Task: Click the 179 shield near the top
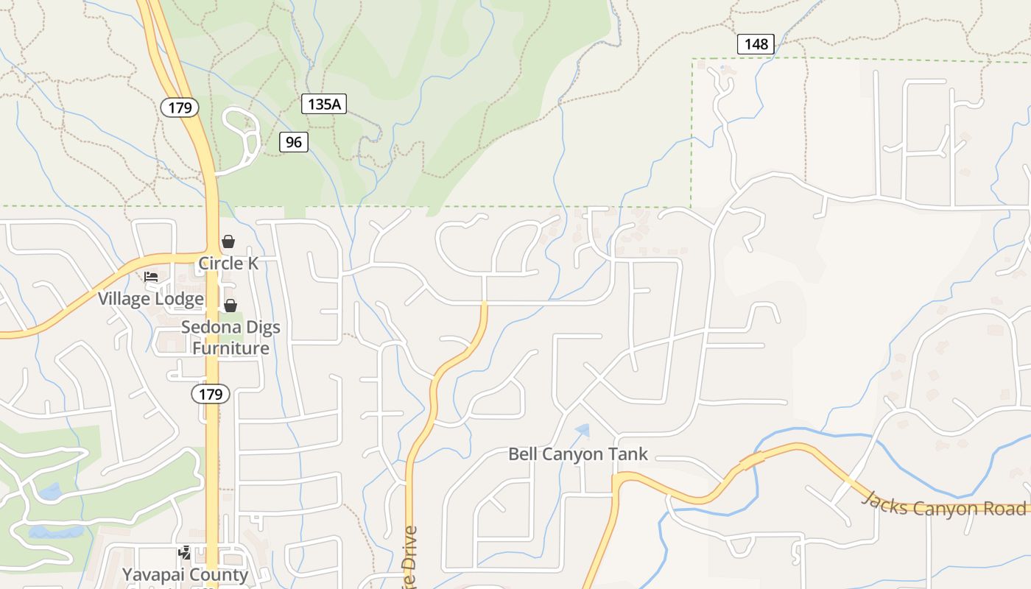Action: tap(180, 108)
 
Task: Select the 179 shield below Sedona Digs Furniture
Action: tap(211, 394)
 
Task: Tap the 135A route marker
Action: tap(324, 104)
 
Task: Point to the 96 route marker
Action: tap(294, 142)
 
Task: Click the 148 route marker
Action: tap(756, 44)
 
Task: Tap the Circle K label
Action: tap(228, 263)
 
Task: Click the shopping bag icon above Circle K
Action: tap(228, 241)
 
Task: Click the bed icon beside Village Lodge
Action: tap(151, 277)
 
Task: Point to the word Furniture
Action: tap(231, 348)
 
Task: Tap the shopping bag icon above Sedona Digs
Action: tap(231, 305)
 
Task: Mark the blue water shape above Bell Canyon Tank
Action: tap(583, 428)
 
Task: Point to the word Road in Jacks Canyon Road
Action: tap(1006, 509)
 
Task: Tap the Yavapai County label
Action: tap(185, 574)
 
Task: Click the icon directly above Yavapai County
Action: tap(185, 552)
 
